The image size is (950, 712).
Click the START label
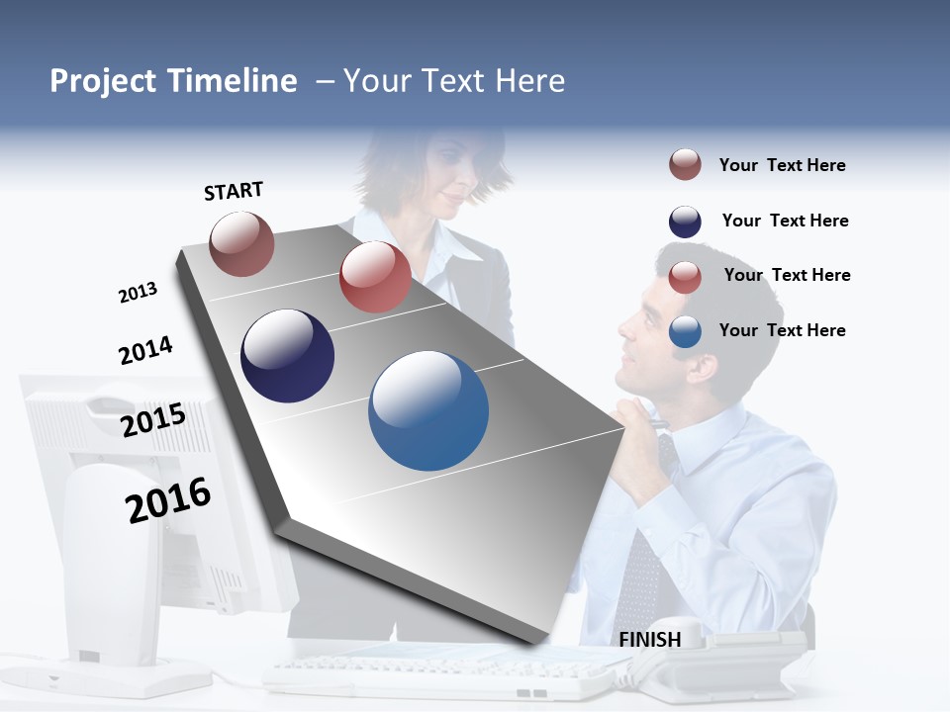[x=234, y=191]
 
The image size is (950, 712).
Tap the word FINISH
[x=650, y=640]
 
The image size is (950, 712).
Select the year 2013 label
[x=138, y=293]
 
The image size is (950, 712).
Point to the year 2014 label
[x=145, y=351]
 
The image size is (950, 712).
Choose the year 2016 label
[x=168, y=500]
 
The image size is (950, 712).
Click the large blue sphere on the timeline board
[x=428, y=410]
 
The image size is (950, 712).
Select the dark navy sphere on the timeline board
[x=288, y=356]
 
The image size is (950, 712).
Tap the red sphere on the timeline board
[x=375, y=277]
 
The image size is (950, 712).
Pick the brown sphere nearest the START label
[x=242, y=244]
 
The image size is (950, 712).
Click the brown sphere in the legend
[x=685, y=165]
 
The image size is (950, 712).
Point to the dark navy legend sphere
[x=685, y=222]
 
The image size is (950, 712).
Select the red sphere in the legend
[x=685, y=277]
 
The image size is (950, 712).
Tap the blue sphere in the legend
[x=685, y=332]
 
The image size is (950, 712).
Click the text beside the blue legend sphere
[x=782, y=330]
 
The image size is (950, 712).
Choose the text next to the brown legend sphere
[x=782, y=165]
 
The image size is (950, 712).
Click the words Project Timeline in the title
[x=173, y=81]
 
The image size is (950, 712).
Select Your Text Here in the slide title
[x=453, y=81]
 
